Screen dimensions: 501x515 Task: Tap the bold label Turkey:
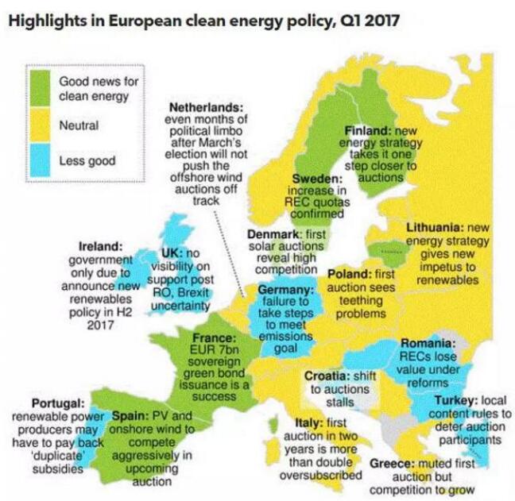coord(455,401)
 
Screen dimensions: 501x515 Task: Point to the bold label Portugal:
coord(58,403)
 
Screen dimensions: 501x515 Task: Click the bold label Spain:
coord(130,415)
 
